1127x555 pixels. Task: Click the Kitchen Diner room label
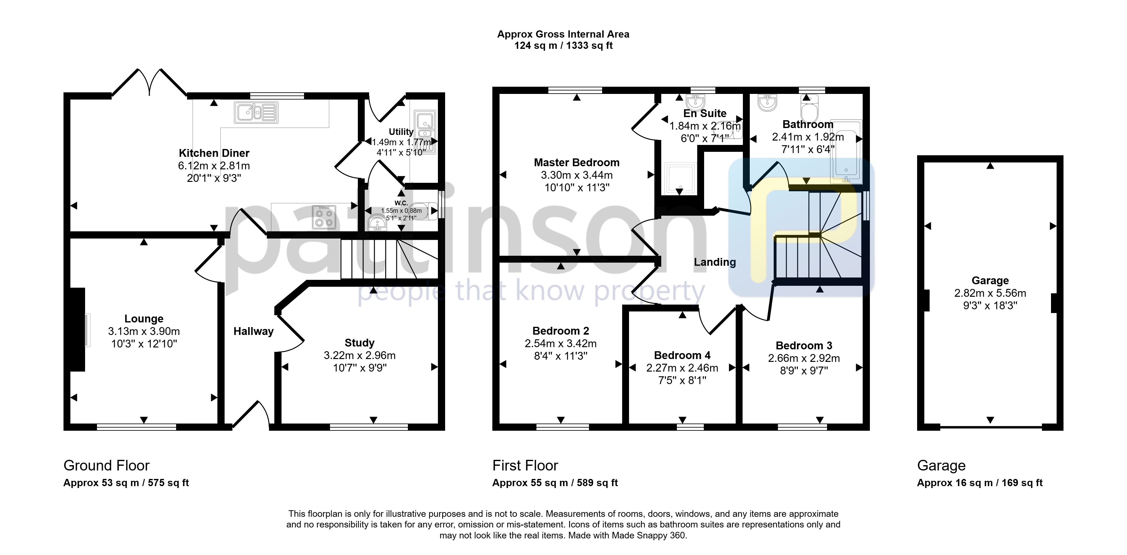point(214,153)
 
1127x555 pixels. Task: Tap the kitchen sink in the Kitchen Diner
point(256,112)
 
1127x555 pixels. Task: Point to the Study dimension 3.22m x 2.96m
point(360,355)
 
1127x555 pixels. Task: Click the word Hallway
point(253,331)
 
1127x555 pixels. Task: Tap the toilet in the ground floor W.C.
point(423,211)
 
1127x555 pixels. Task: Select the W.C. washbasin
point(377,223)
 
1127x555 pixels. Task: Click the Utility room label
point(401,132)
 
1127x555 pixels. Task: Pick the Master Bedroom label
point(576,163)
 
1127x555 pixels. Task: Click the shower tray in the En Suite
point(680,178)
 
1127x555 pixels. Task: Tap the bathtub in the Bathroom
point(846,151)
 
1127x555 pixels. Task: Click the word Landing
point(715,262)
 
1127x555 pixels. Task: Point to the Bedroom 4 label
point(682,355)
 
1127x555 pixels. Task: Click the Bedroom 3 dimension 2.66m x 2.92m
point(804,358)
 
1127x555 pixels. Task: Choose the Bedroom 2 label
point(561,331)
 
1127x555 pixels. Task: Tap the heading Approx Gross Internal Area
point(564,34)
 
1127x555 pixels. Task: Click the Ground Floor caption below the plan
point(106,465)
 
